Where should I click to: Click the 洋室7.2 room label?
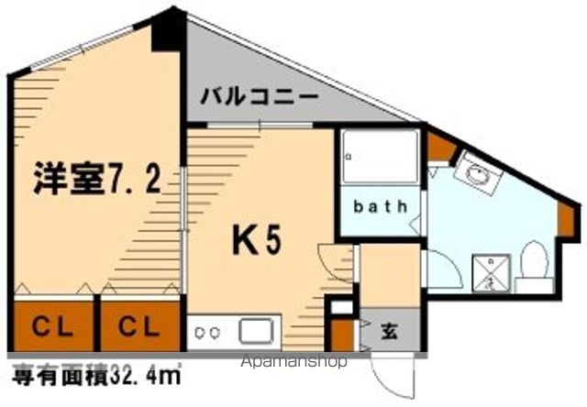point(97,178)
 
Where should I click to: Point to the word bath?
point(381,206)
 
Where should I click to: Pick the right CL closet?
point(140,325)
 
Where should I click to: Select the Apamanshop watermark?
point(293,361)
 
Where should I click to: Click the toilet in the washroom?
point(532,260)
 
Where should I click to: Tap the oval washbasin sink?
point(477,173)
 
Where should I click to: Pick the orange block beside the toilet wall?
point(564,215)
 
